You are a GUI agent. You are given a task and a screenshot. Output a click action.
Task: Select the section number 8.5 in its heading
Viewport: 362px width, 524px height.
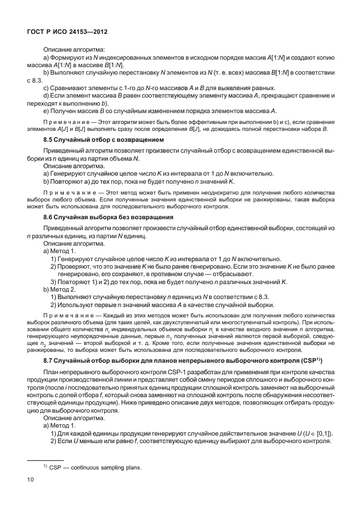click(x=49, y=139)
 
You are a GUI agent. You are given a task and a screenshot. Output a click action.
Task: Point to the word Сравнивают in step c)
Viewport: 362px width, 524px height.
click(x=70, y=88)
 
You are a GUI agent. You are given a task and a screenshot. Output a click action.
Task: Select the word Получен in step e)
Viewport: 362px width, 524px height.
click(x=66, y=110)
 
